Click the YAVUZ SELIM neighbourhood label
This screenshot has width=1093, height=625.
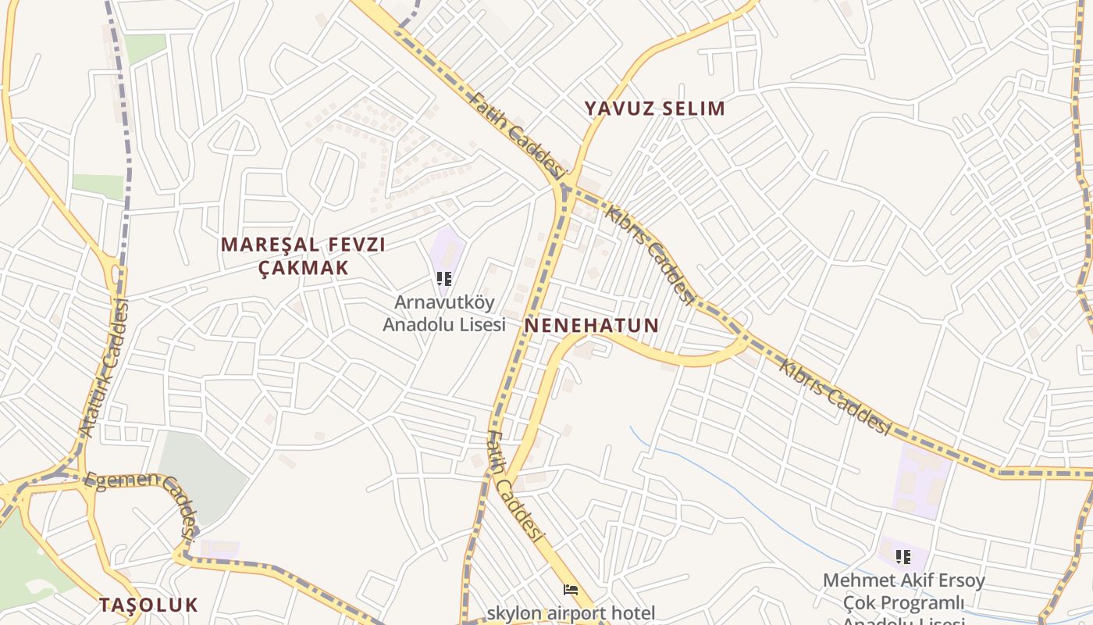tap(655, 108)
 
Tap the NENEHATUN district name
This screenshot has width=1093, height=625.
tap(592, 325)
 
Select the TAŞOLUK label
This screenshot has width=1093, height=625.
tap(148, 605)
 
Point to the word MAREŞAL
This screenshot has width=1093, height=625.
tap(263, 245)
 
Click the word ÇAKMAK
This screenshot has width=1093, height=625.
tap(303, 267)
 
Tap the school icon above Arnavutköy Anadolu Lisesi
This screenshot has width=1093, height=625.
tap(444, 279)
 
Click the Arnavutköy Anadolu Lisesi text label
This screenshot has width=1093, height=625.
tap(444, 312)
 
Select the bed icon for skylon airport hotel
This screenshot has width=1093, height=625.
tap(571, 591)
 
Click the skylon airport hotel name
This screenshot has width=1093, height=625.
tap(571, 612)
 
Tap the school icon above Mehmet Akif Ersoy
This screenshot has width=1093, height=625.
tap(903, 557)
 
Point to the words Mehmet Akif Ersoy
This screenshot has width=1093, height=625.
tap(903, 581)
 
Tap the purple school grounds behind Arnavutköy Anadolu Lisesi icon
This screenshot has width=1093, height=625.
tap(446, 246)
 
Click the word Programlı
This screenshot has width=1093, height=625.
tap(903, 603)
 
